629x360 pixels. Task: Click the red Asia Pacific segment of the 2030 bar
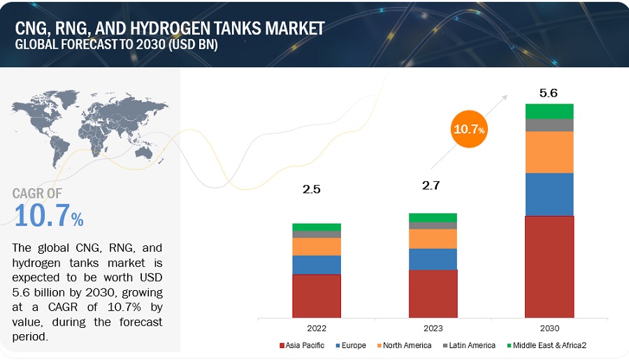coord(549,266)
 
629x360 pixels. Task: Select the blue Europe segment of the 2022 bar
coord(317,265)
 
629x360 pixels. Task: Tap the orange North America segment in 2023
coord(433,239)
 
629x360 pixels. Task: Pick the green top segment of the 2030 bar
coord(549,111)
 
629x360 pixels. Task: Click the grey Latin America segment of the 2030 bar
coord(549,125)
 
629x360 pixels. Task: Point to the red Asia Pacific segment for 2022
coord(317,296)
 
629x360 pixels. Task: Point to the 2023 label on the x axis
coord(433,328)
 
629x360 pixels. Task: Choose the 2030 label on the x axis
coord(549,328)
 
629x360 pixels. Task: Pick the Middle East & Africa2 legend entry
coord(549,345)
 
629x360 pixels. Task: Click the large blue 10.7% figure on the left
coord(48,216)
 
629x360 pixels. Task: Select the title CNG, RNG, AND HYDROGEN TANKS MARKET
coord(171,28)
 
